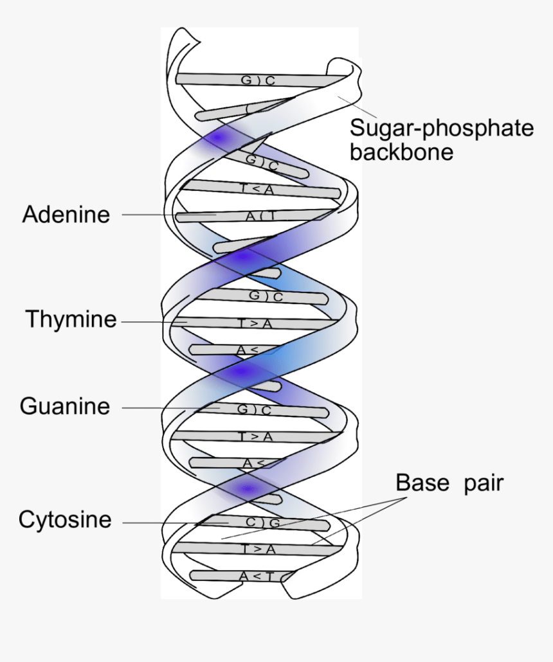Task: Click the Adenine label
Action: click(x=66, y=214)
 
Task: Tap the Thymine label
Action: click(x=71, y=319)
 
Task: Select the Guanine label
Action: click(x=65, y=407)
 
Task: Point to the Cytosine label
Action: click(x=65, y=520)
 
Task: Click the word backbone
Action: click(x=402, y=152)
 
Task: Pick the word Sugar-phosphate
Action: click(x=441, y=128)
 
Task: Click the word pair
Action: click(x=483, y=483)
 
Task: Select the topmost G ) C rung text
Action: click(x=258, y=80)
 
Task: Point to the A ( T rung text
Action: click(x=259, y=217)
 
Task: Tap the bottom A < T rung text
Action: click(x=257, y=577)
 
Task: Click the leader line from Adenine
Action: click(x=148, y=215)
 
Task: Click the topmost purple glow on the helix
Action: click(x=218, y=138)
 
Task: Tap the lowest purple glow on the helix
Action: click(x=248, y=490)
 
